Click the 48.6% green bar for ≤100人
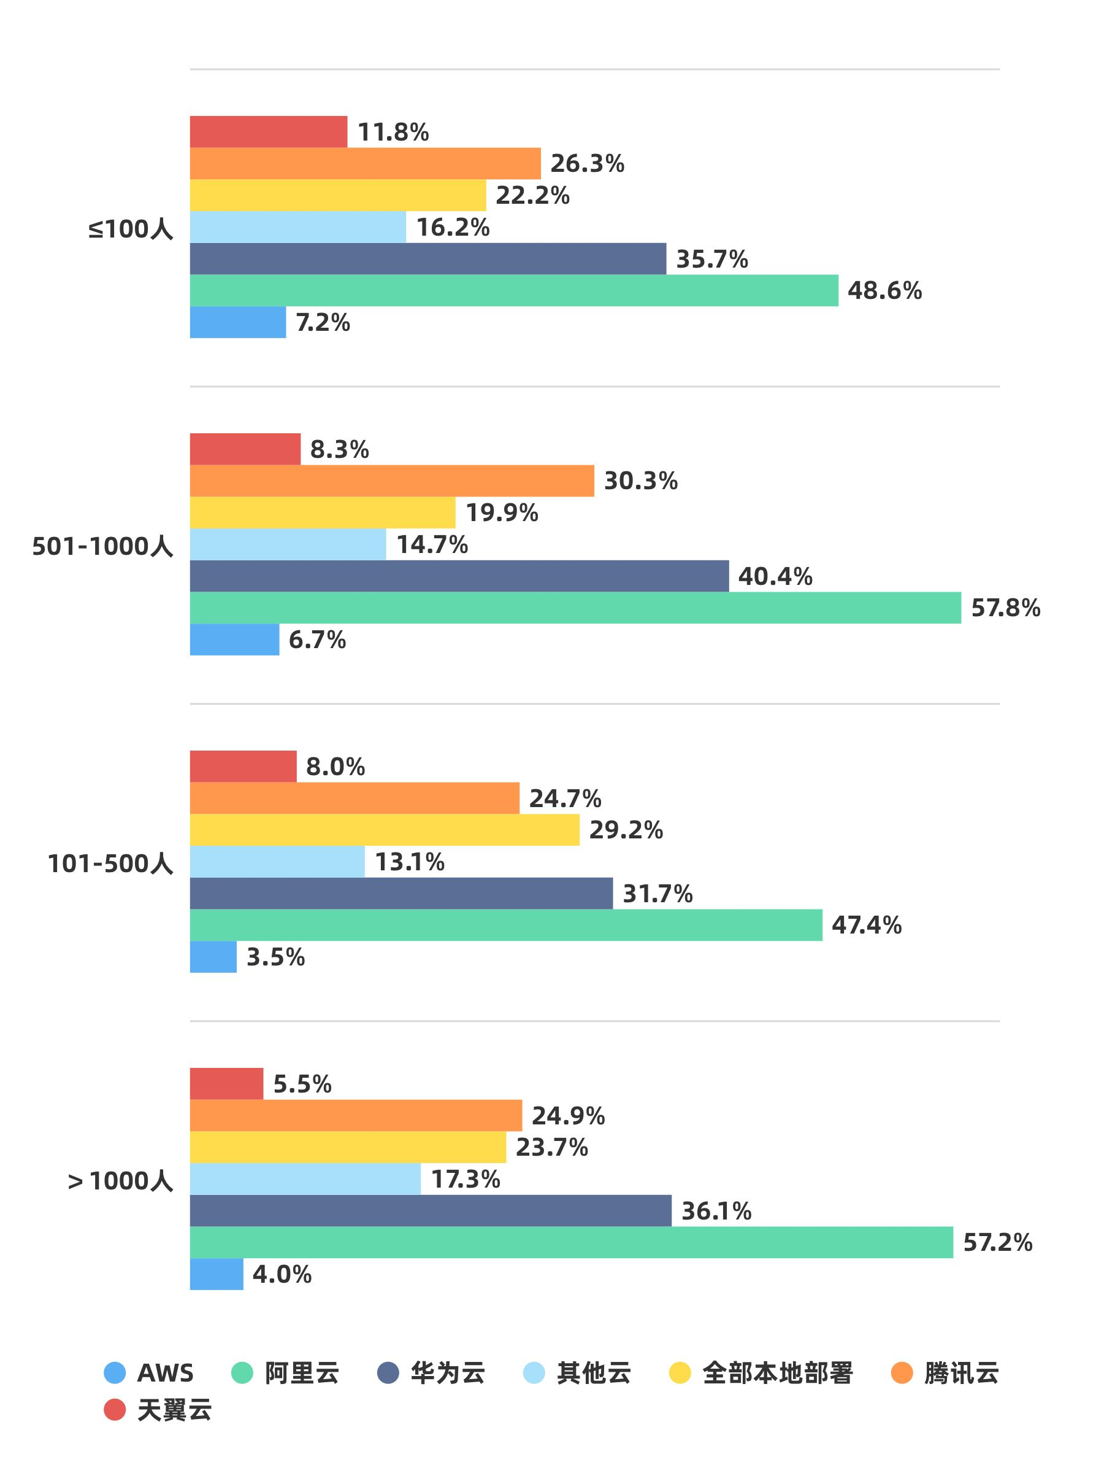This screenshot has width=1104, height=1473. (x=514, y=290)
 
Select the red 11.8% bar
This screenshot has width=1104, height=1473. (x=268, y=131)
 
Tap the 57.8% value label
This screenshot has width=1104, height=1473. (x=1005, y=608)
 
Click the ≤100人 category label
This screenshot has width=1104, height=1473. (x=131, y=229)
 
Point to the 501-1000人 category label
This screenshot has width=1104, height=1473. (x=102, y=547)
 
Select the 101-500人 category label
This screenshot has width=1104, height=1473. (x=110, y=864)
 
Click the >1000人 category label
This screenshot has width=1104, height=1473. (x=120, y=1181)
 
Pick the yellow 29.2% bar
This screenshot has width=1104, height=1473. (x=384, y=830)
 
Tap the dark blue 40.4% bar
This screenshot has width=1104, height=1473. (x=459, y=576)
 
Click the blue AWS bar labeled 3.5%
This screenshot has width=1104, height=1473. (x=213, y=957)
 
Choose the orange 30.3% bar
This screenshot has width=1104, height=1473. (x=392, y=481)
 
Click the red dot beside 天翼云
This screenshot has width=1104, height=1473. (x=115, y=1410)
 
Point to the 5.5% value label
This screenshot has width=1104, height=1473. (x=302, y=1084)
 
